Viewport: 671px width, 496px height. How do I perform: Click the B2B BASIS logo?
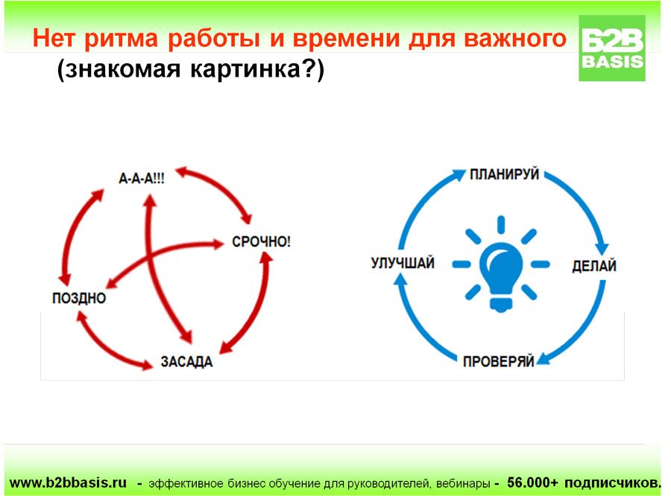point(612,48)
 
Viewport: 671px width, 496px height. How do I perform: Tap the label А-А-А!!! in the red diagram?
point(141,178)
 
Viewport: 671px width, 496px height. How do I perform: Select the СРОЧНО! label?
point(261,241)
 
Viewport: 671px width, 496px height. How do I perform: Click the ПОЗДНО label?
point(79,298)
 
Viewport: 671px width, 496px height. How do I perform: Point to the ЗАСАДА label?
point(186,362)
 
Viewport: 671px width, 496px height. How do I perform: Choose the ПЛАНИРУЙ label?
point(504,174)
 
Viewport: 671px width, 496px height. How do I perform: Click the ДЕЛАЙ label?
point(594,266)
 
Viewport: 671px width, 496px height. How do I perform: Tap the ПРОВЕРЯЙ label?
point(499,361)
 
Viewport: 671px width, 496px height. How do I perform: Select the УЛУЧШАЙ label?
point(403,263)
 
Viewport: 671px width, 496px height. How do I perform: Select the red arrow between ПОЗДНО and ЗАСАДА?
point(106,346)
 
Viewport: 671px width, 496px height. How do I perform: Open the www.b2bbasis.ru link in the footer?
point(68,483)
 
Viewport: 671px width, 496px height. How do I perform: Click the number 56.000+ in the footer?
point(532,483)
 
